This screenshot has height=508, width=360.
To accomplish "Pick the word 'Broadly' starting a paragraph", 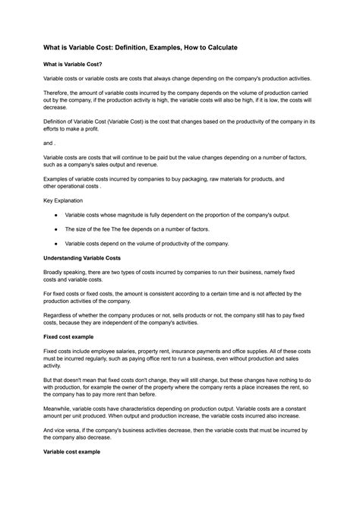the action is coord(55,273).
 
